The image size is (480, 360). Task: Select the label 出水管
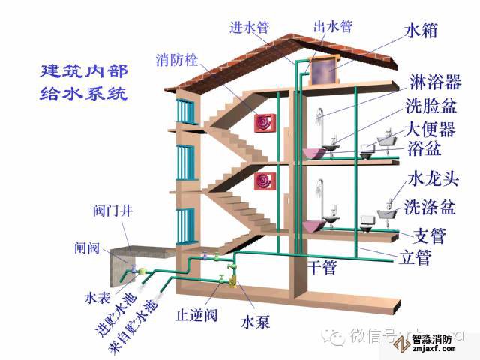331,28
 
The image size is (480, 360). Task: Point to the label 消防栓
177,59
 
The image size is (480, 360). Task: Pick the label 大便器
430,129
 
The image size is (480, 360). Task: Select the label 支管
430,236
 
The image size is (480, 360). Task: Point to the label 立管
412,259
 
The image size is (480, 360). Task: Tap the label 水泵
254,323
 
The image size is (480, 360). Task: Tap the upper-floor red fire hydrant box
265,124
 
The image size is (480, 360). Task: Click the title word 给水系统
84,94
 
